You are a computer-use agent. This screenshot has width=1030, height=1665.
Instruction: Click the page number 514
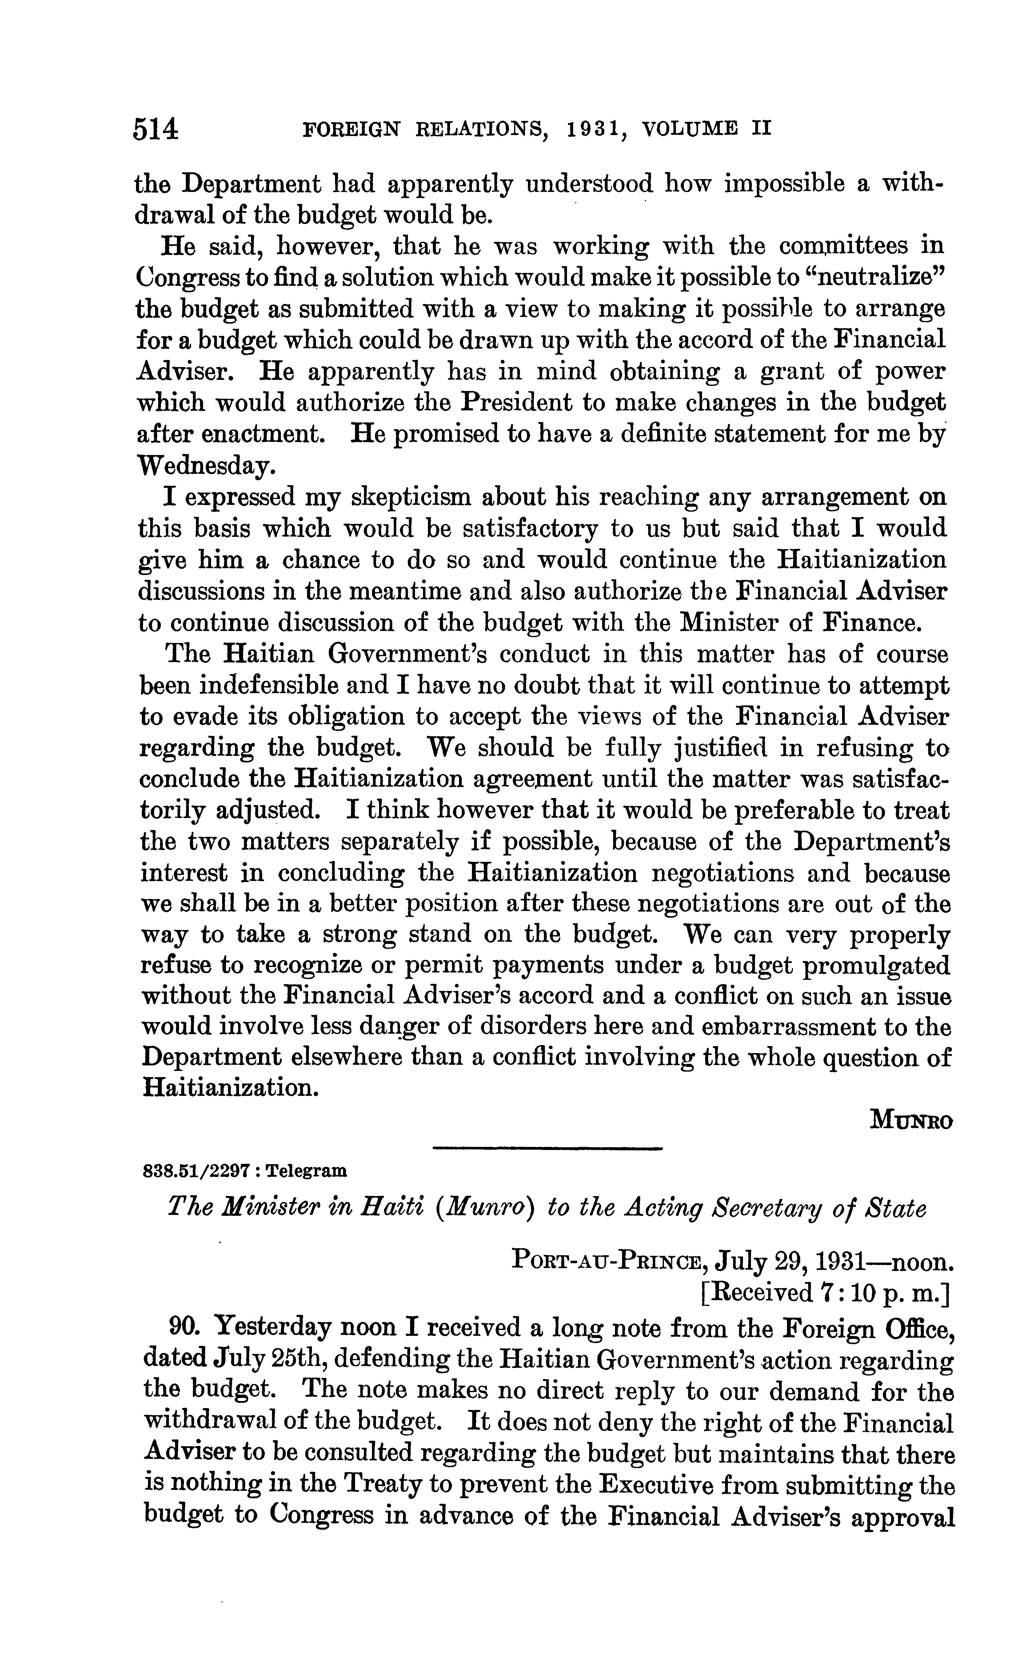tap(156, 129)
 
